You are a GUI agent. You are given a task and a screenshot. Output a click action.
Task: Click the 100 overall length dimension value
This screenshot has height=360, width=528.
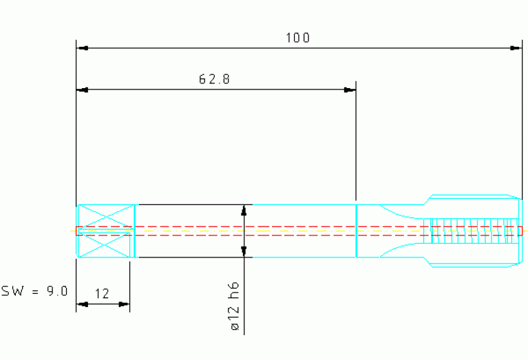click(x=297, y=38)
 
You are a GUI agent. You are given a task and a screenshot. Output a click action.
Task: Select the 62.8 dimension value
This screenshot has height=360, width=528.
click(x=215, y=79)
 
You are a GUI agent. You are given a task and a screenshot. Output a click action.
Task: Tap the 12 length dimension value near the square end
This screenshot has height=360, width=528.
click(x=102, y=294)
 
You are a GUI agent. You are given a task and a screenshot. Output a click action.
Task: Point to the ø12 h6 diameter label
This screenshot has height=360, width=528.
click(x=235, y=306)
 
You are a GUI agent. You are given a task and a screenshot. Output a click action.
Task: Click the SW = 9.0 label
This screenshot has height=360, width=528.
click(x=34, y=291)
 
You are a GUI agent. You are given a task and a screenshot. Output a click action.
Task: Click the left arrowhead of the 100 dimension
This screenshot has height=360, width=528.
click(x=83, y=48)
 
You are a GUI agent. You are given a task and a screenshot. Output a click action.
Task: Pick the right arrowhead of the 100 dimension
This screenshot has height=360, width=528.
click(x=516, y=48)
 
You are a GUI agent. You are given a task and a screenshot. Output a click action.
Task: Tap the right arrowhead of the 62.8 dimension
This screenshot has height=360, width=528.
click(x=350, y=90)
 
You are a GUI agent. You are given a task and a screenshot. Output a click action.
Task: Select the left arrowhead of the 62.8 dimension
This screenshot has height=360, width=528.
click(x=83, y=90)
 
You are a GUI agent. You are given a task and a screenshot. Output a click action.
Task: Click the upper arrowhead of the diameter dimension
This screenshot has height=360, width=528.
click(x=244, y=210)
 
